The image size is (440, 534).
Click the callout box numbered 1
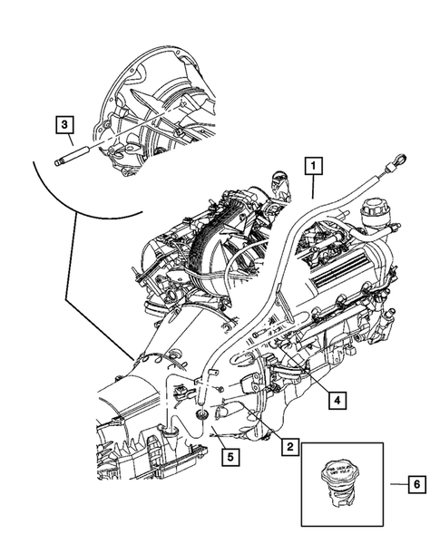(x=312, y=166)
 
